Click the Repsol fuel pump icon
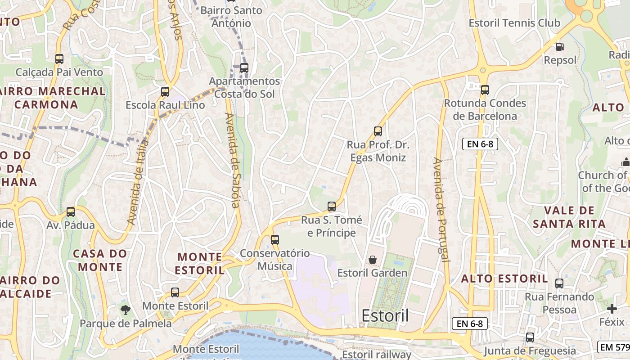click(x=560, y=46)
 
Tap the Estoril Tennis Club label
click(x=514, y=23)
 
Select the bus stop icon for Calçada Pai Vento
click(x=59, y=58)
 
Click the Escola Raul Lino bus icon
click(x=165, y=92)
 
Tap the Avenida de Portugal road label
click(x=442, y=209)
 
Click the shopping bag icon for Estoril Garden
click(x=373, y=260)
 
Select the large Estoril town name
click(x=385, y=316)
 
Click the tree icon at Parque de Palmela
click(x=126, y=309)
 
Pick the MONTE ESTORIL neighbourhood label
click(x=200, y=263)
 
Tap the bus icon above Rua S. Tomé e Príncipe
click(x=332, y=207)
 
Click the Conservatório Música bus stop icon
click(x=275, y=240)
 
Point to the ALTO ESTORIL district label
click(x=504, y=279)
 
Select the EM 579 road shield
click(x=614, y=347)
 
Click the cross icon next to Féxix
click(x=612, y=309)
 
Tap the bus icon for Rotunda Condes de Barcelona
click(x=485, y=90)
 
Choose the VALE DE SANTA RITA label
click(x=569, y=217)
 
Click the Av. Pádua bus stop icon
click(x=71, y=212)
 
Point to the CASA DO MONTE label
click(x=100, y=260)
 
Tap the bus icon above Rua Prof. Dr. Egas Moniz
click(x=378, y=131)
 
